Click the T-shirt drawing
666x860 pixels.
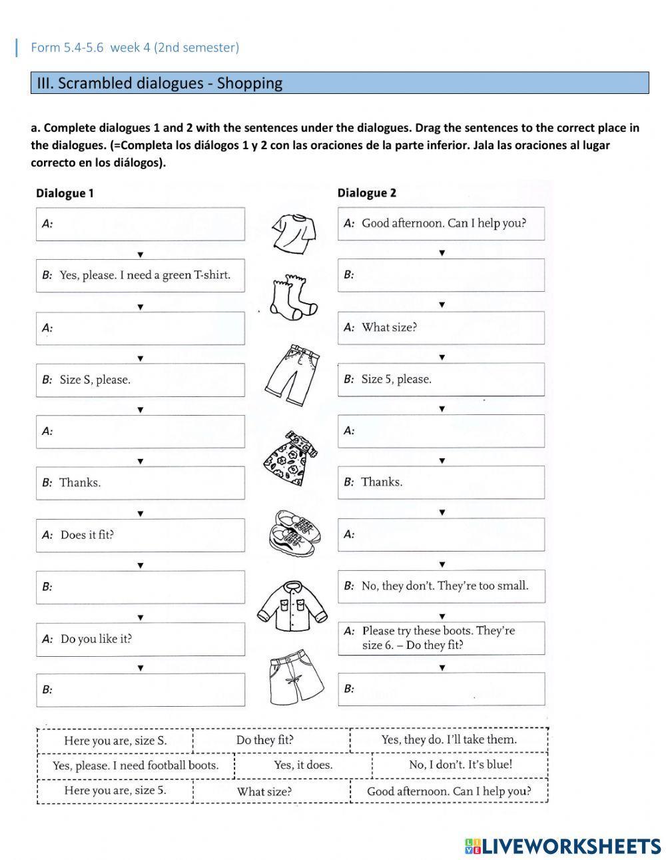(293, 233)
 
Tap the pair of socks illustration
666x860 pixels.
(293, 296)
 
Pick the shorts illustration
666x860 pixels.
(295, 678)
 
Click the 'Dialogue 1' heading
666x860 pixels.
(65, 193)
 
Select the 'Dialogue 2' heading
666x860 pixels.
(366, 193)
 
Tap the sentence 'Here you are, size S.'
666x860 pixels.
(115, 740)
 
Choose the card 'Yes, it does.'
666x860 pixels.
(303, 765)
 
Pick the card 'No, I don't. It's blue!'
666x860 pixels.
(460, 765)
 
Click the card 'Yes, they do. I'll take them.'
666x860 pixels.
(449, 739)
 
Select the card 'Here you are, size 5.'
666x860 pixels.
(115, 791)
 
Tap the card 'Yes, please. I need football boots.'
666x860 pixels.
(135, 765)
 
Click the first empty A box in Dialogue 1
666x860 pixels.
(140, 224)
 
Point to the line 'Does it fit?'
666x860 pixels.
(87, 535)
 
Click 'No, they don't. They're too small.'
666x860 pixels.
(444, 586)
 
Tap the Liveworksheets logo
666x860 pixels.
(562, 846)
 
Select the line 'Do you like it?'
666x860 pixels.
(96, 639)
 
